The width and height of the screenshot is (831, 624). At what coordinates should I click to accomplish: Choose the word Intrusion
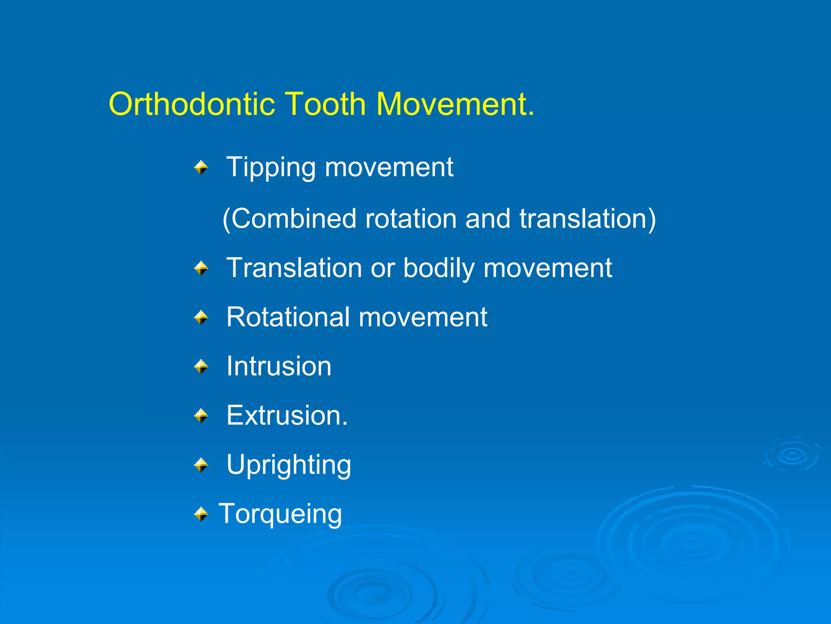point(279,366)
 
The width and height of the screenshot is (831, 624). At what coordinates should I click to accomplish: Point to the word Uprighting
point(288,465)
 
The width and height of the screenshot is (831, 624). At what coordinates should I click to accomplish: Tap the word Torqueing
point(280,514)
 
